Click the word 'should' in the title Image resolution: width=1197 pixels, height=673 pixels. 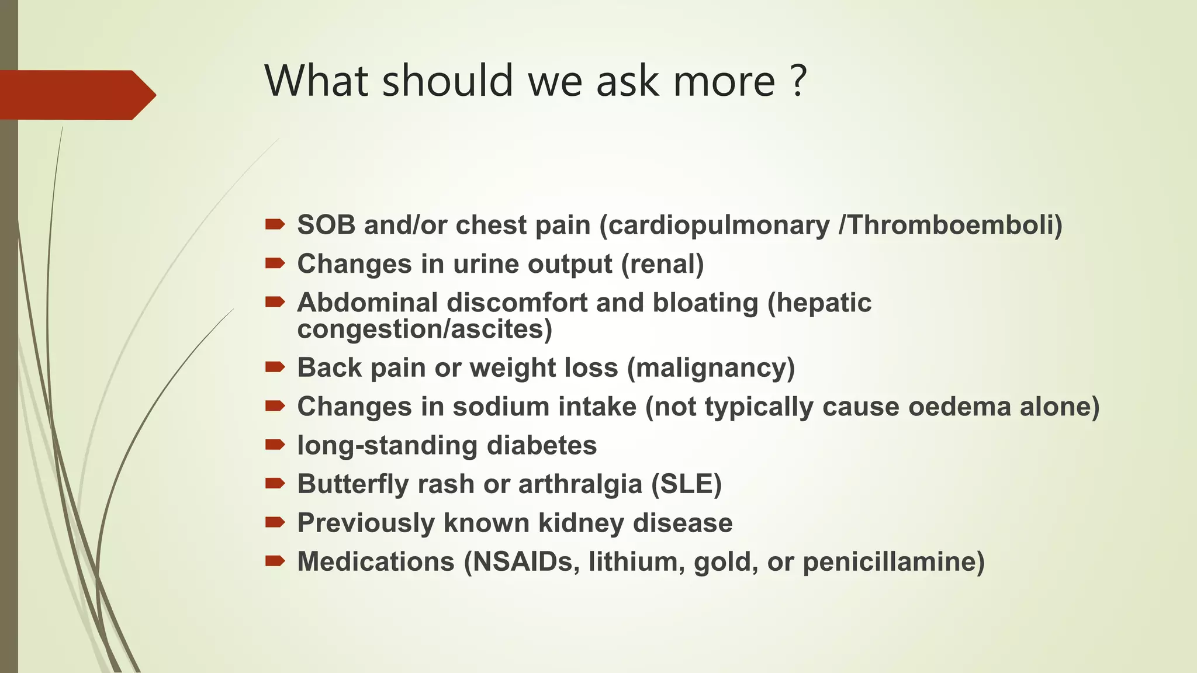click(447, 81)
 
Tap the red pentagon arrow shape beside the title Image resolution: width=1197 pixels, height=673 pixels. click(76, 95)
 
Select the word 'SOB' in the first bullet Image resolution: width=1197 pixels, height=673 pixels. click(326, 226)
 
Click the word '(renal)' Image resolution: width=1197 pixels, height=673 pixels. click(662, 264)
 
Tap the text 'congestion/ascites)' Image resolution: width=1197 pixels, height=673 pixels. click(424, 329)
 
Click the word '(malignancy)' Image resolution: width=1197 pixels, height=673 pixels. click(711, 368)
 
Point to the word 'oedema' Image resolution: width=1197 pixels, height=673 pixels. click(959, 407)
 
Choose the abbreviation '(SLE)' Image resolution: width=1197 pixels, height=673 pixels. click(687, 484)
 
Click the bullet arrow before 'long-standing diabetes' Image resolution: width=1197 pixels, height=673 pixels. click(275, 445)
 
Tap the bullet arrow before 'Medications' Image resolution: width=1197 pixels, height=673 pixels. click(275, 561)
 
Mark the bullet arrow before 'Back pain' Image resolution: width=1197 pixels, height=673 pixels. click(275, 367)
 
